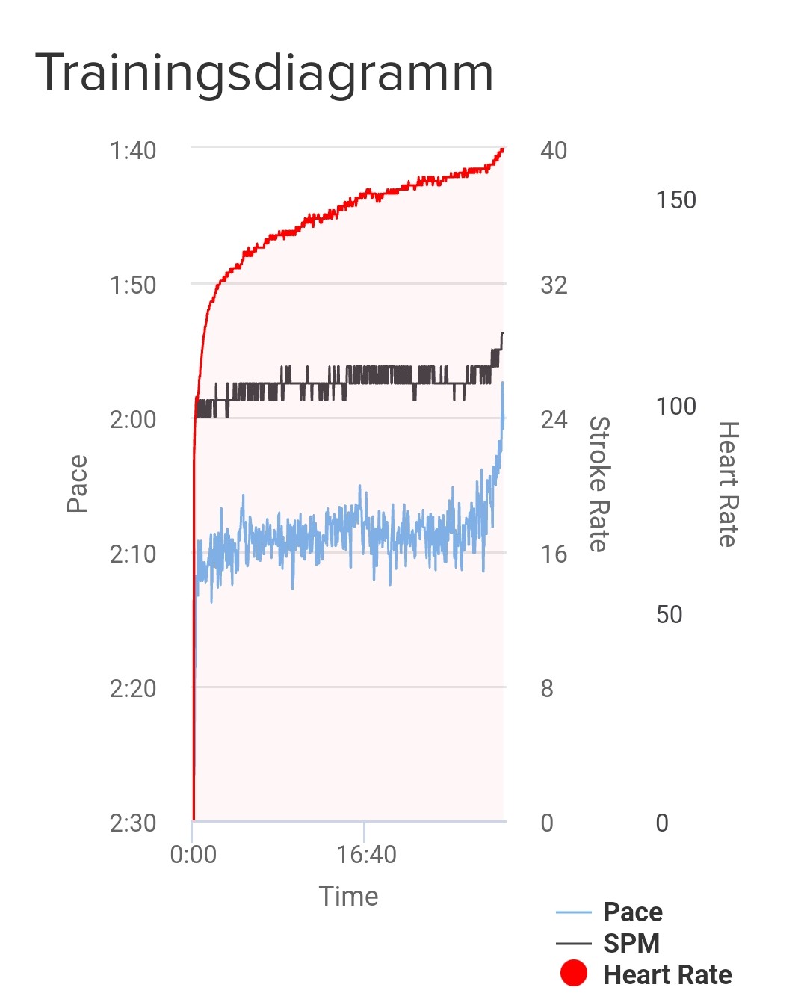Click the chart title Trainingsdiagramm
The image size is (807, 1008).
coord(264,73)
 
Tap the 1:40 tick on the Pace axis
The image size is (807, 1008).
coord(133,150)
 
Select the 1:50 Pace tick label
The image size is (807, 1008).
coord(133,285)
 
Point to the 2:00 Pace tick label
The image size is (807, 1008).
coord(133,419)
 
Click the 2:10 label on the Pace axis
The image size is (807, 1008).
coord(133,554)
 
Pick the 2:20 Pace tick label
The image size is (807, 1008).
coord(133,688)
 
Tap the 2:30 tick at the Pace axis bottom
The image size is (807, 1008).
coord(133,823)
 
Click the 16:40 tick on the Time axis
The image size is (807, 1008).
coord(366,854)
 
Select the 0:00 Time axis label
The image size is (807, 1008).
coord(193,854)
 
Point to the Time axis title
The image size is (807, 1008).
coord(348,896)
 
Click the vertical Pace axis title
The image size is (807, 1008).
coord(77,483)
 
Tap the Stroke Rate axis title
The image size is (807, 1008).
coord(599,483)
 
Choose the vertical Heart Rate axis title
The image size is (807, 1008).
coord(728,483)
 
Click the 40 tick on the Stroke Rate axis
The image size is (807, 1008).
coord(554,150)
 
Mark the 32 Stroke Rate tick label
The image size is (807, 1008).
coord(554,285)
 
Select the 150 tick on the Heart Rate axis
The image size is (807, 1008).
coord(675,200)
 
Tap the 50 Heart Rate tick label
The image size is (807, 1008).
coord(669,614)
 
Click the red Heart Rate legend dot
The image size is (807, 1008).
coord(574,974)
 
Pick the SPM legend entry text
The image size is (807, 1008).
coord(631,943)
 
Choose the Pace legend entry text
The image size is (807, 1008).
coord(633,912)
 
